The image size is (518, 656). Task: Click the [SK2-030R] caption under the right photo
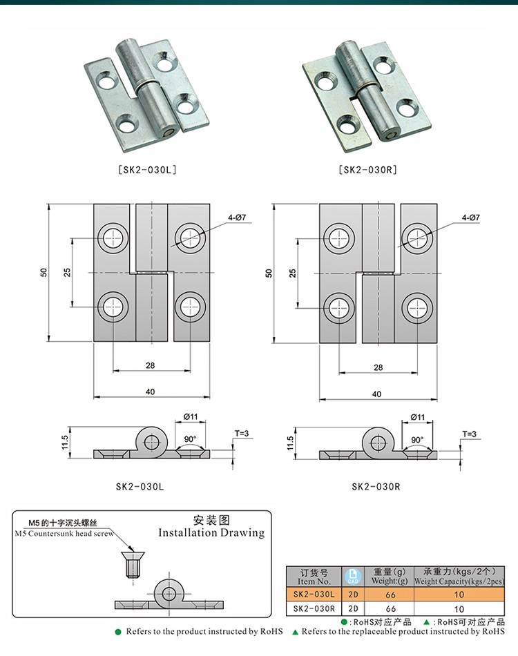(367, 168)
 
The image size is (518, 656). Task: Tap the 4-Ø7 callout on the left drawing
(237, 218)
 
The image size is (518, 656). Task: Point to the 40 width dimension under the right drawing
(376, 394)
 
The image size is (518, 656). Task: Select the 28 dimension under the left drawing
(151, 367)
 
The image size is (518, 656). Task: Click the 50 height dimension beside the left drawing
(44, 273)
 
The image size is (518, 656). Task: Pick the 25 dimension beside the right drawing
(293, 273)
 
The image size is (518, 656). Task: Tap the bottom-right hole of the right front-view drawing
(415, 308)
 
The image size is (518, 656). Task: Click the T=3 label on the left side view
(241, 433)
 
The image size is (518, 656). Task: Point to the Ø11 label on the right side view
(417, 417)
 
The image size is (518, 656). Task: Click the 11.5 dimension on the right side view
(291, 443)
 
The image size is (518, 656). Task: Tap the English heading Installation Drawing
(211, 532)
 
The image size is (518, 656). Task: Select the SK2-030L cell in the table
(314, 594)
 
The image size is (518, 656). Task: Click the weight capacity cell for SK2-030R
(459, 609)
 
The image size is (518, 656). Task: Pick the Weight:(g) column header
(390, 581)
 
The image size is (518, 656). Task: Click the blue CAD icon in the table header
(354, 576)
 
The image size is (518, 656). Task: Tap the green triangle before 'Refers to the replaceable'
(295, 632)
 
